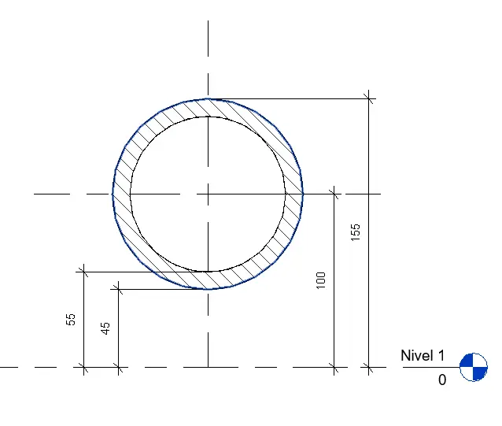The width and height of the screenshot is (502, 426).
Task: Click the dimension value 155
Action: pos(356,232)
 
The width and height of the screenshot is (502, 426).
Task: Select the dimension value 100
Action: pos(321,280)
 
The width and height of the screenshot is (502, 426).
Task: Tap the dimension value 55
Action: pos(71,320)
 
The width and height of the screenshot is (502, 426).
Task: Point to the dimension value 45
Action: pos(105,328)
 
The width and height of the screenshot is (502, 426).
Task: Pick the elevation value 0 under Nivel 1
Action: pos(442,380)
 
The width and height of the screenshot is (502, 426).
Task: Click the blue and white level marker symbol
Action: pos(474,367)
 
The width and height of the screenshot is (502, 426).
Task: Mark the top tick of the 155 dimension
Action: pos(368,98)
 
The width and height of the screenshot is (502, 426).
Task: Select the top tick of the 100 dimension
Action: pos(334,194)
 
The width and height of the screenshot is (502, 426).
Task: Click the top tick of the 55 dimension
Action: pos(84,272)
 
